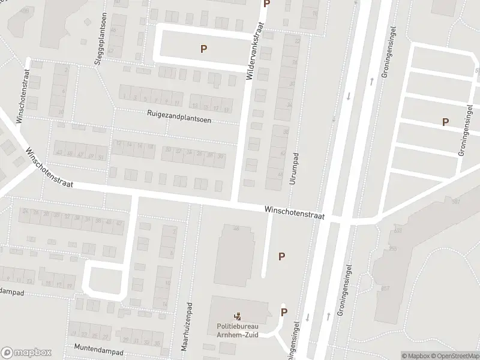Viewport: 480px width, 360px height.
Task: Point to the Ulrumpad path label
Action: coord(293,167)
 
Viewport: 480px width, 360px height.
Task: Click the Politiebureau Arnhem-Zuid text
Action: coord(238,331)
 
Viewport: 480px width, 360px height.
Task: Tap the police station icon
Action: coord(238,316)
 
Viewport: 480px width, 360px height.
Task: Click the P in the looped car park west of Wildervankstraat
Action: coord(204,49)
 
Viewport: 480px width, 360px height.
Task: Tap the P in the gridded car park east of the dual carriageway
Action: coord(445,122)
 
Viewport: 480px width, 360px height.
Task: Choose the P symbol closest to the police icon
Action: coord(284,312)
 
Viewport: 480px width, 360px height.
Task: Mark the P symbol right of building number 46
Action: coord(281,256)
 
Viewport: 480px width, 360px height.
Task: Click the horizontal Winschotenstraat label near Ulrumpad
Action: coord(294,212)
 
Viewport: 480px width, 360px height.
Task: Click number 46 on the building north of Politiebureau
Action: coord(236,228)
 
